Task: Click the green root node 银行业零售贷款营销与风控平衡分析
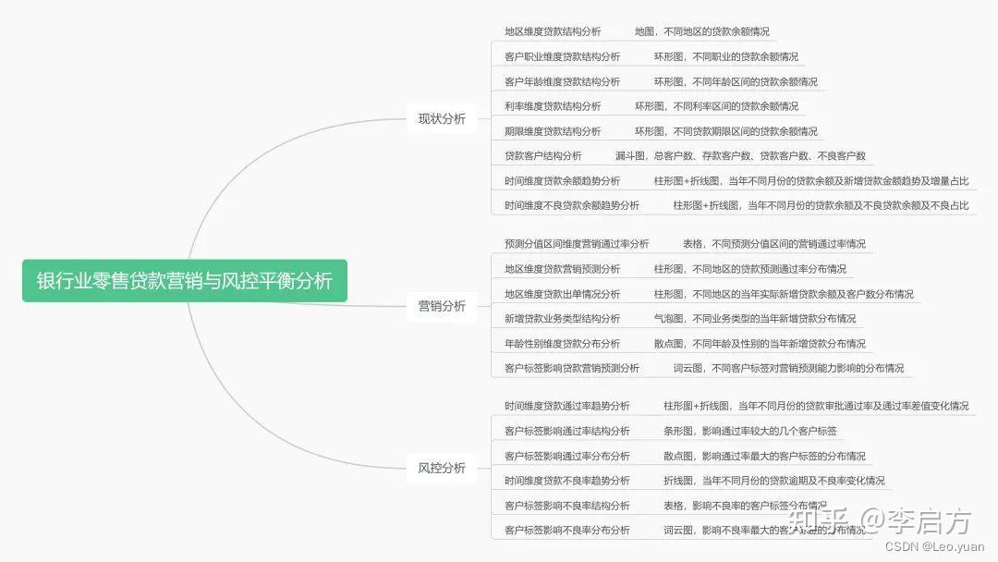185,280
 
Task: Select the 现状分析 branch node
442,118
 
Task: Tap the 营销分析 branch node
442,306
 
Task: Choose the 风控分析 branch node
442,468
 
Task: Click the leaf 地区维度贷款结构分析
553,31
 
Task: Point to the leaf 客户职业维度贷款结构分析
562,56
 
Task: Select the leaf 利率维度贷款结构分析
553,106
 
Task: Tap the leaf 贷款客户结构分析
543,156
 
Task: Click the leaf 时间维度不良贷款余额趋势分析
572,205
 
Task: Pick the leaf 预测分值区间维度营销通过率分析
577,244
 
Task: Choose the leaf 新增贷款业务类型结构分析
562,319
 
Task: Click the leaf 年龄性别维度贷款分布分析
562,344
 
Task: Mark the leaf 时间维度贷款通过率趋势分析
567,406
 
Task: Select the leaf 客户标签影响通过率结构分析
567,431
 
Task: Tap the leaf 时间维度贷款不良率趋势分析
567,481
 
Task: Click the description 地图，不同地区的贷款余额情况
701,31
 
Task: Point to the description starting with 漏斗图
740,156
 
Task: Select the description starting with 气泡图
754,319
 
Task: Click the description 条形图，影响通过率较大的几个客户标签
749,431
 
